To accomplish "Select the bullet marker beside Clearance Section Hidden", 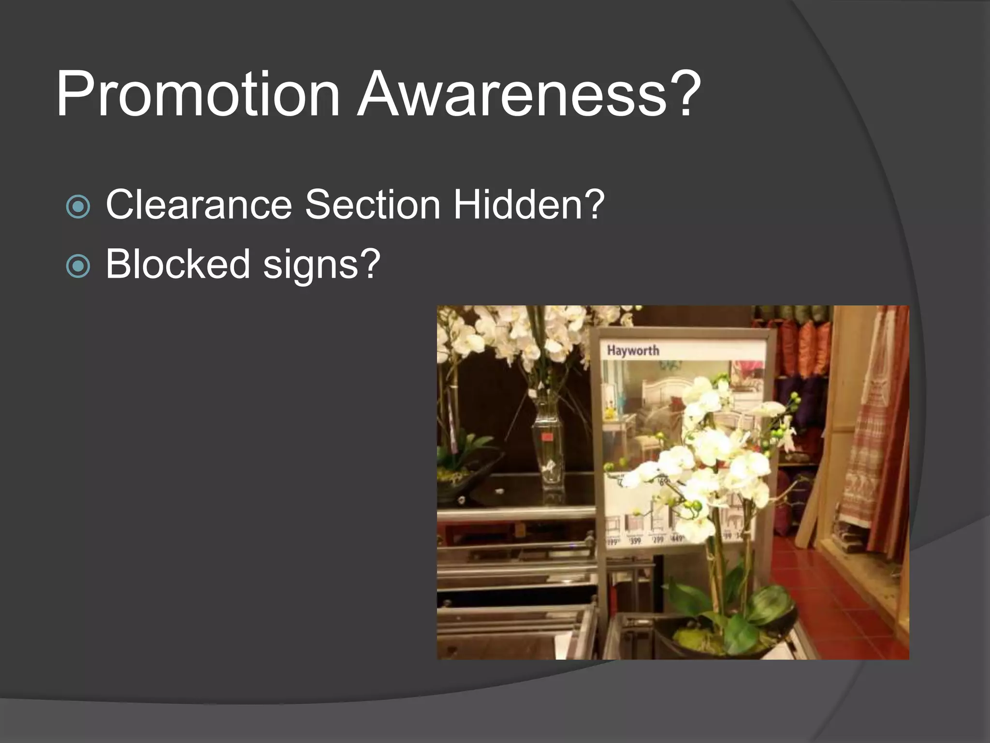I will click(78, 207).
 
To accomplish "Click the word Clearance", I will click(199, 205).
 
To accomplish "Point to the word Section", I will click(372, 205).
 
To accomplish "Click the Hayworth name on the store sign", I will click(633, 350).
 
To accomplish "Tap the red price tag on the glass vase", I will click(548, 438).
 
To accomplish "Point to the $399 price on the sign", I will click(635, 540).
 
